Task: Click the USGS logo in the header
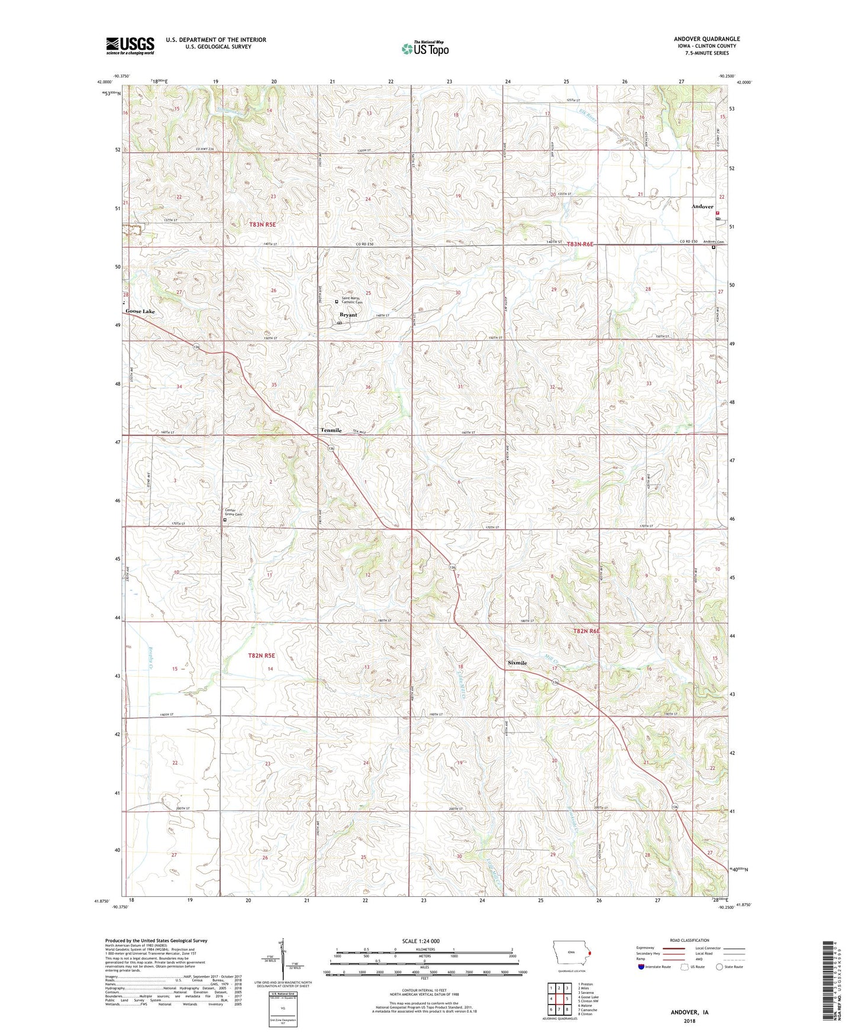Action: [130, 46]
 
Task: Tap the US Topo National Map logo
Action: [425, 49]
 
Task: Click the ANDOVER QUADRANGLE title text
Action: [706, 39]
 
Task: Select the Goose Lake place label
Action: [140, 311]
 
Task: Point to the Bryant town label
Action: [348, 315]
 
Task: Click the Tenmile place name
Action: [331, 430]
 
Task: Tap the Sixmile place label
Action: [517, 663]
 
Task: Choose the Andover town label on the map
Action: [702, 206]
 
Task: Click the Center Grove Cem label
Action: [233, 512]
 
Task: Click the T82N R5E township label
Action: [262, 656]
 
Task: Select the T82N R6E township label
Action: [586, 631]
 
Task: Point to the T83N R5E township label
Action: [262, 225]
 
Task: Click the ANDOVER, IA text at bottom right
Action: [689, 1012]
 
